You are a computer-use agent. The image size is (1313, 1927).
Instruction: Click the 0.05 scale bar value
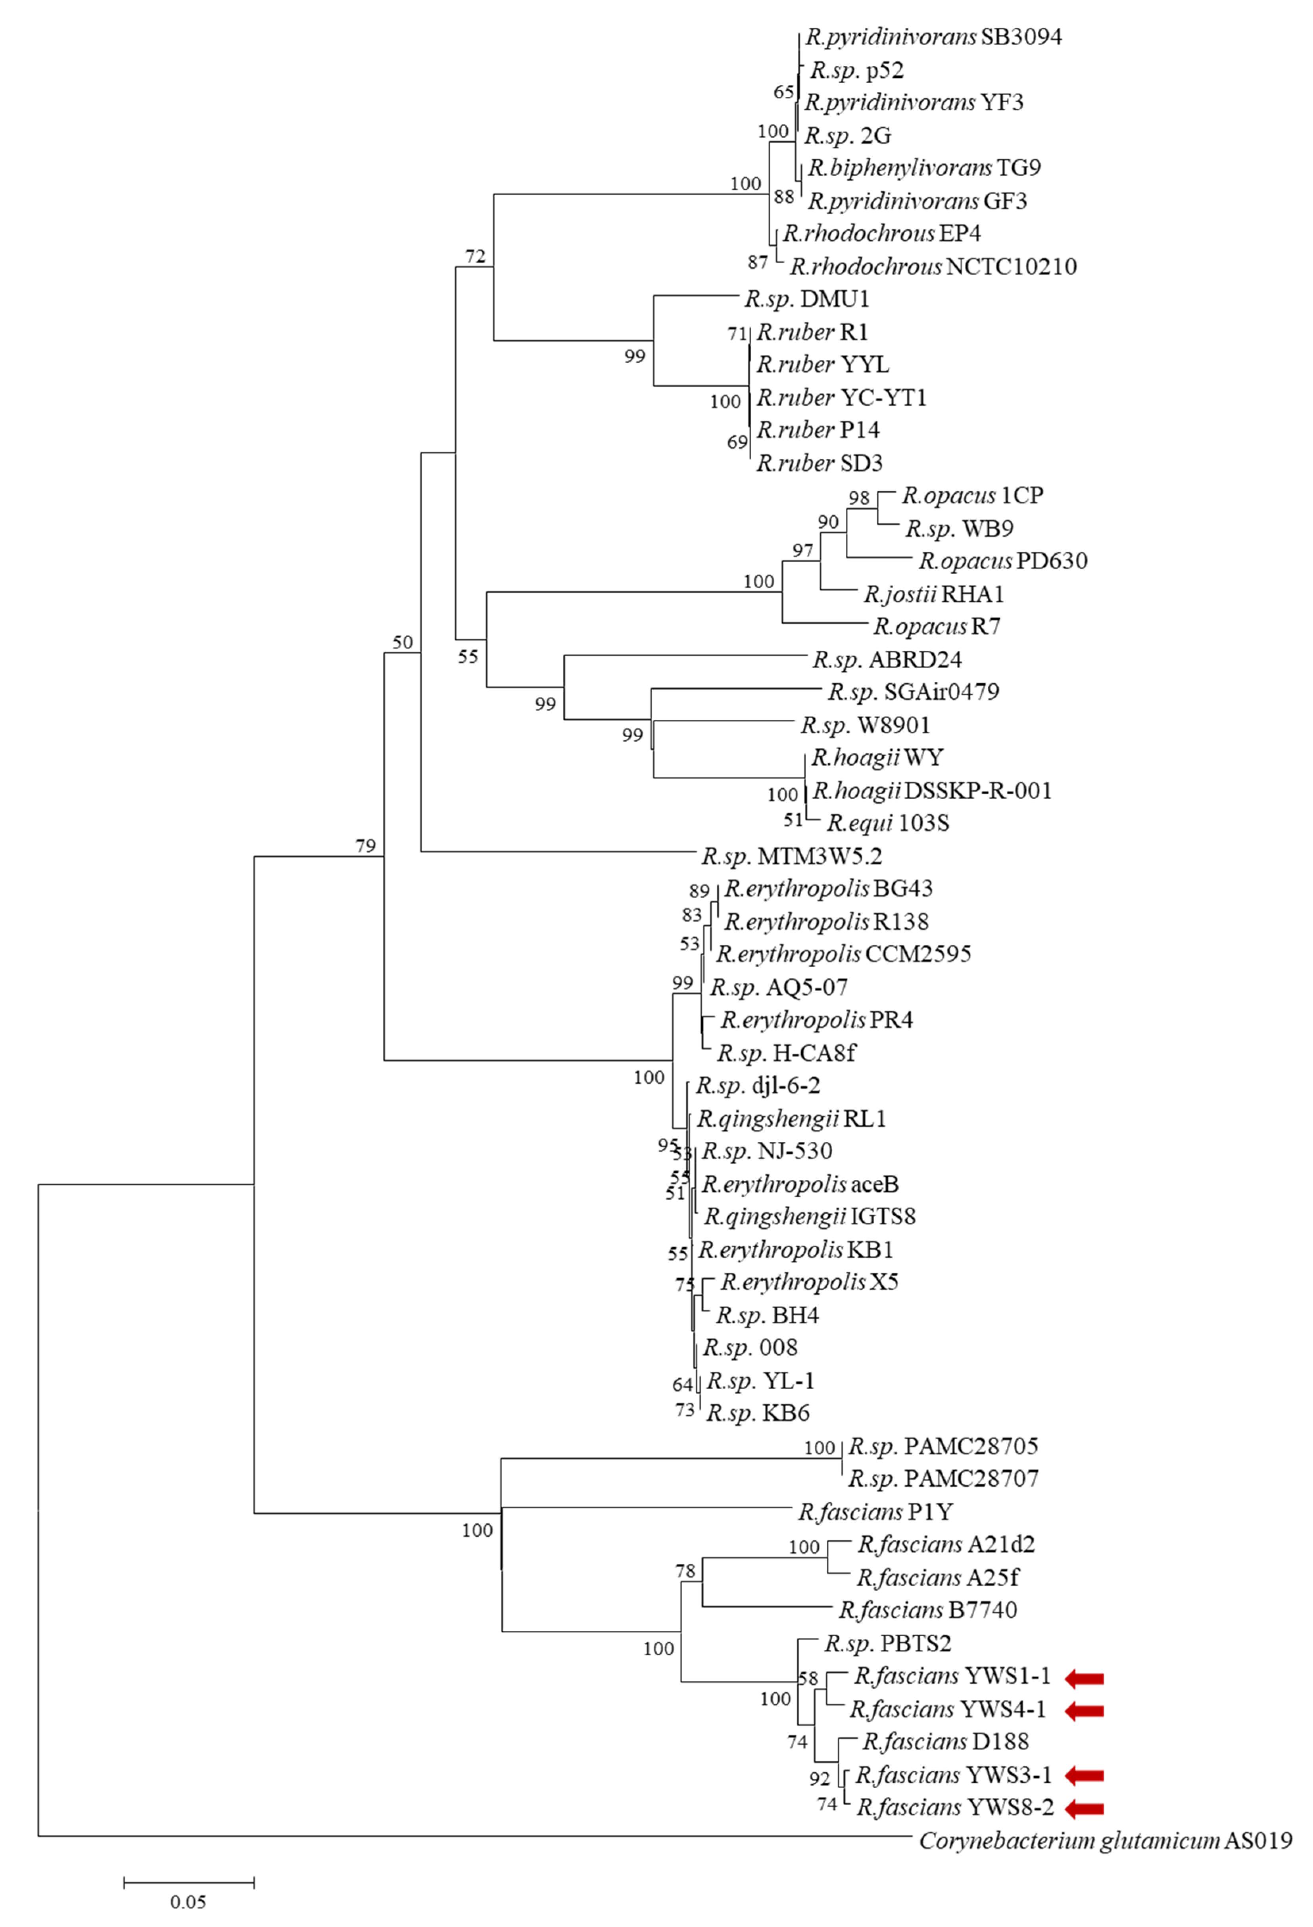pos(188,1901)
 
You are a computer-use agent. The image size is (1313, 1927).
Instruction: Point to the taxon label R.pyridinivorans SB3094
pos(933,37)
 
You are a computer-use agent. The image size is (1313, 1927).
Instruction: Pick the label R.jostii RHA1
pos(933,594)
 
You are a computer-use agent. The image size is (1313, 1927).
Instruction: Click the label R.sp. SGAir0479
pos(913,692)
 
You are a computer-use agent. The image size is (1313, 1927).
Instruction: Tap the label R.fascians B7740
pos(927,1610)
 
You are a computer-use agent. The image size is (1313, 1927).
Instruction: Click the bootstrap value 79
pos(366,846)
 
